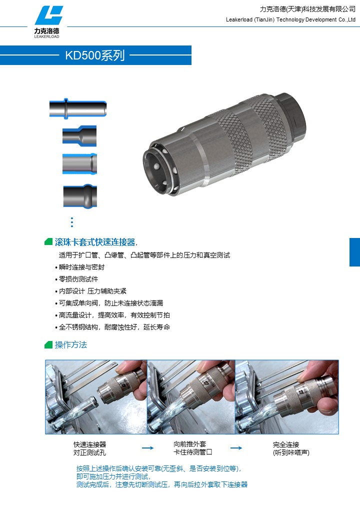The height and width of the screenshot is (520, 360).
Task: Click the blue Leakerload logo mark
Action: click(x=49, y=15)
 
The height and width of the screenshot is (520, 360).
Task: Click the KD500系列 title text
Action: click(x=95, y=55)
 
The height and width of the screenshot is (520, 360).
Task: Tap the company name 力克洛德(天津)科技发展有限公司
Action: click(x=307, y=9)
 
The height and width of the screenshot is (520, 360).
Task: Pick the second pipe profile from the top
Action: click(x=79, y=136)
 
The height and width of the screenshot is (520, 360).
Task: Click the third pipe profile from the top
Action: click(x=79, y=164)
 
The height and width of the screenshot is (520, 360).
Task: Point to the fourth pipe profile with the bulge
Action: click(x=80, y=196)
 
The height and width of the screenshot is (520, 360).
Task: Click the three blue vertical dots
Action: click(x=72, y=222)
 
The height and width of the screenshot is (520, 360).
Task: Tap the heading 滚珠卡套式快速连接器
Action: click(x=95, y=242)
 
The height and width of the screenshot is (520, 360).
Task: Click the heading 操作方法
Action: click(x=71, y=345)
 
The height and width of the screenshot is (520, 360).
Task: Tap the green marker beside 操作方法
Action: click(x=48, y=345)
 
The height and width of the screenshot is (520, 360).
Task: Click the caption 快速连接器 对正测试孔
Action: click(x=90, y=448)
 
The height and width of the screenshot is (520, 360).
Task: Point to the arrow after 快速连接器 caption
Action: click(x=148, y=448)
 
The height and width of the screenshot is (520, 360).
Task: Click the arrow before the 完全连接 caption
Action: click(x=236, y=448)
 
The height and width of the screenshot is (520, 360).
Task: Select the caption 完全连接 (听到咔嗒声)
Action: click(x=291, y=448)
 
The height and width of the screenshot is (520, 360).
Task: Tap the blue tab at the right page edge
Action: click(x=354, y=252)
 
